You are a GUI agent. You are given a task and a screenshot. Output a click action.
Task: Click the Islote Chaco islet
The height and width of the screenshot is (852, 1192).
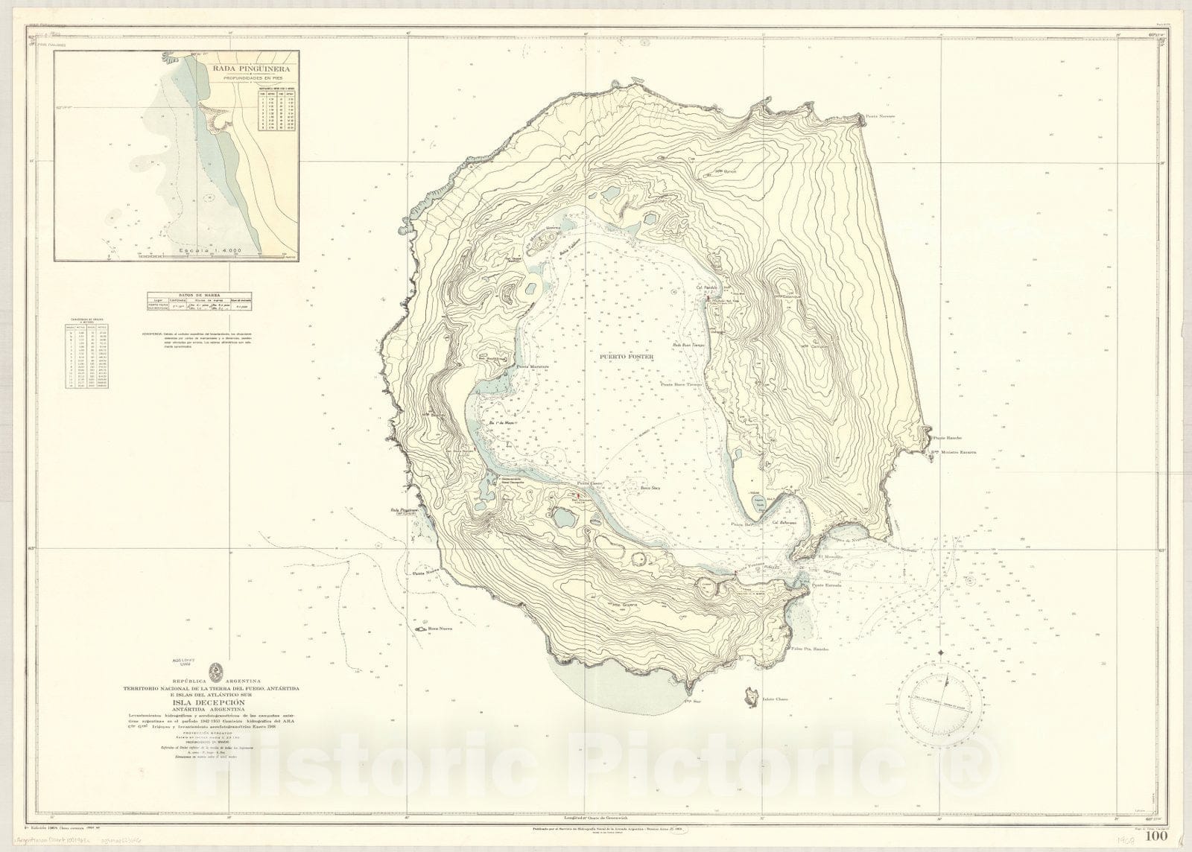click(749, 697)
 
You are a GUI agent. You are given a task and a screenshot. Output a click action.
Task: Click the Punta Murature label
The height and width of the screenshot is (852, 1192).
click(533, 366)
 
